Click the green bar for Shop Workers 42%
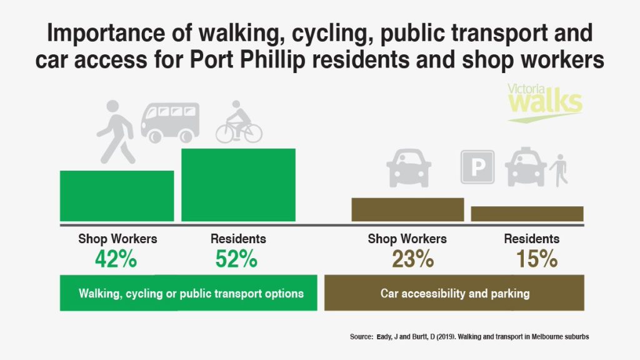coord(117,196)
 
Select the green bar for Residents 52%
coord(238,184)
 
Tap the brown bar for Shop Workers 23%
coord(407,209)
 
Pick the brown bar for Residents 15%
coord(527,213)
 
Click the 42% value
coord(116,259)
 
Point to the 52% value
coord(236,259)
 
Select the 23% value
coord(413,259)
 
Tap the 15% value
coord(537,259)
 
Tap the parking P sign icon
coord(477,167)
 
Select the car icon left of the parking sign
coord(409,167)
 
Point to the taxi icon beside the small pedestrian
coord(526,167)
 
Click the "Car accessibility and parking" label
coord(455,293)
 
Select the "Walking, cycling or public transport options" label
coord(191,293)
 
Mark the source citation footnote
coord(469,337)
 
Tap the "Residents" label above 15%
coord(532,239)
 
